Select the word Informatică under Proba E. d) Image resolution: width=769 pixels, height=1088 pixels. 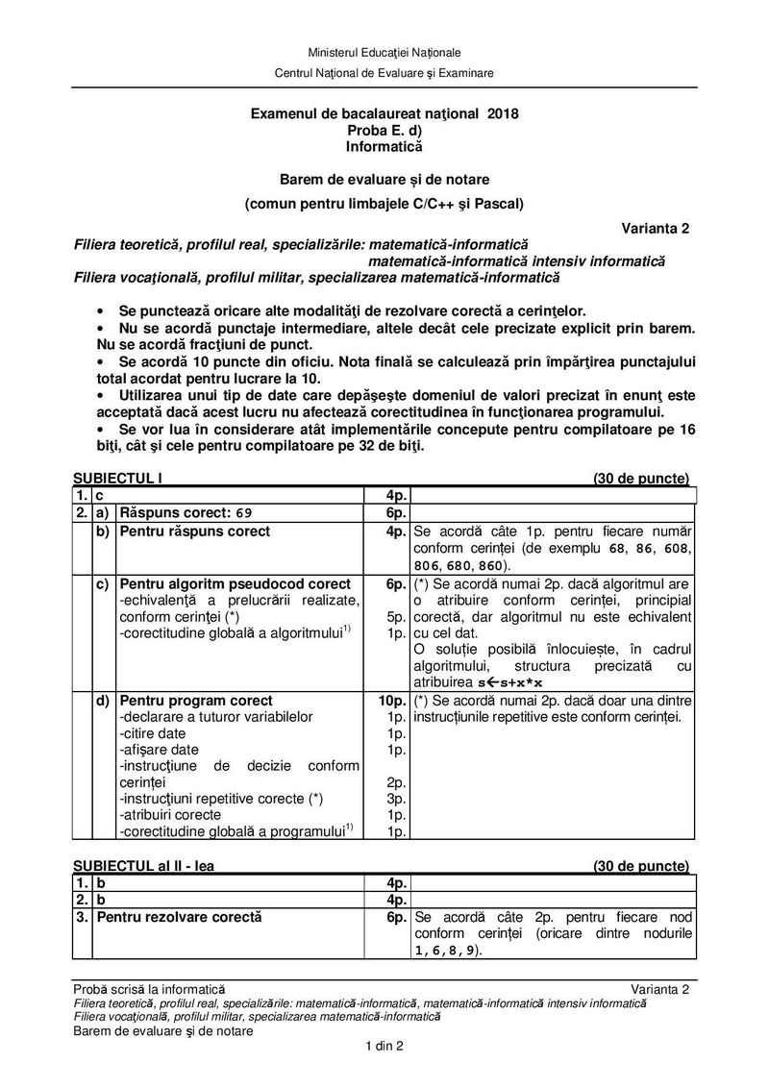point(384,147)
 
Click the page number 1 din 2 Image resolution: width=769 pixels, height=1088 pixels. point(384,1047)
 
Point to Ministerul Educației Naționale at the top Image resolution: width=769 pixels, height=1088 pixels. point(384,51)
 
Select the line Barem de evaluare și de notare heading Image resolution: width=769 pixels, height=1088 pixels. point(384,179)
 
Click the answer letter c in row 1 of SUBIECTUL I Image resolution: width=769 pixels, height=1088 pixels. point(99,495)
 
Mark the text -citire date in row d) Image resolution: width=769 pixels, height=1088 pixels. point(151,732)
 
